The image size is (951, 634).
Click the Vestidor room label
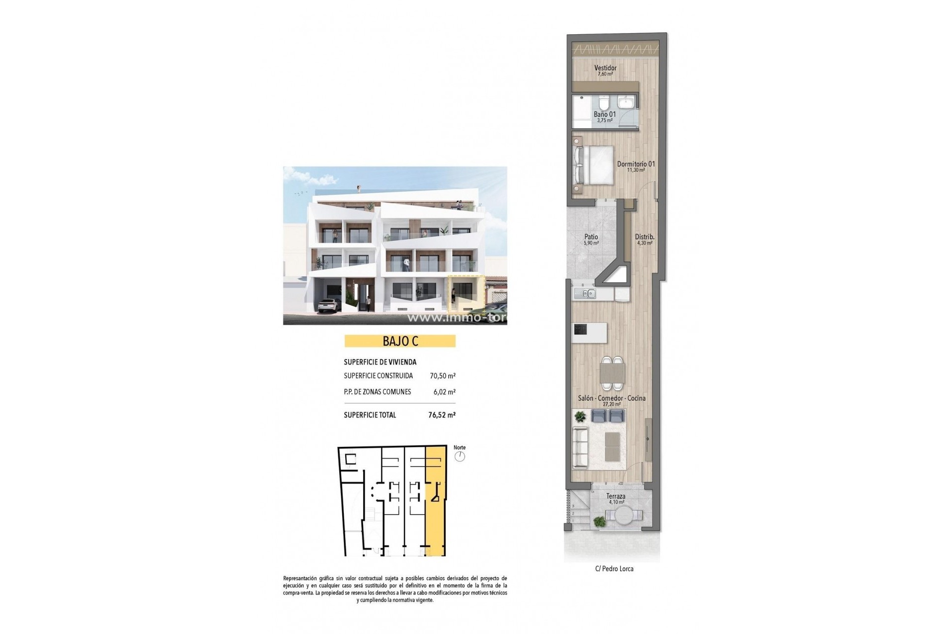605,68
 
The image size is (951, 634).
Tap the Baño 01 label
605,114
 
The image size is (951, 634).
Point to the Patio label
591,237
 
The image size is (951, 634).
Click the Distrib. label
645,237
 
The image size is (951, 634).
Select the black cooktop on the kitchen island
580,329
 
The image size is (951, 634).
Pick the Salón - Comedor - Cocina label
612,398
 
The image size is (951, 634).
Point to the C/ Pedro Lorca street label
614,569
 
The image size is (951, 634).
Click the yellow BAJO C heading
400,341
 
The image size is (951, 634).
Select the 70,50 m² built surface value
442,376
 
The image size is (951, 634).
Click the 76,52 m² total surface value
442,415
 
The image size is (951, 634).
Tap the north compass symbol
460,456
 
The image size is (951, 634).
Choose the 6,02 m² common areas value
444,392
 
